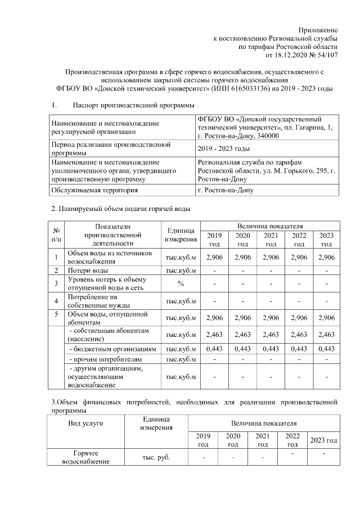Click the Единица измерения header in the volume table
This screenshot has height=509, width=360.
click(181, 235)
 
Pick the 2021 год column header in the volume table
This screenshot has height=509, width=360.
click(271, 240)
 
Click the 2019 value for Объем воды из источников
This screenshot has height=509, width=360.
click(215, 257)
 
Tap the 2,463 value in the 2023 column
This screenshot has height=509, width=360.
click(326, 335)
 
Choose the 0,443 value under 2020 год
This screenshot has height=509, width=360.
click(243, 349)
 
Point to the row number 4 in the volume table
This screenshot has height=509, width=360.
click(56, 300)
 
